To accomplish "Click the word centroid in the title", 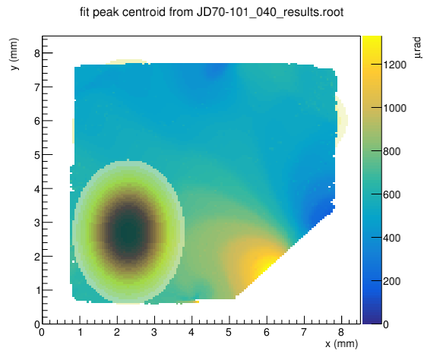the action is click(x=144, y=12).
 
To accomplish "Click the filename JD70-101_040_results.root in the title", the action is click(x=270, y=12).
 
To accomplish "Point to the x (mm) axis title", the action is click(x=341, y=344).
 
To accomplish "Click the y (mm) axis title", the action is click(x=14, y=54).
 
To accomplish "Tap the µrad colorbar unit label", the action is click(x=417, y=48).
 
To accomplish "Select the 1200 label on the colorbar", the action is click(x=394, y=65).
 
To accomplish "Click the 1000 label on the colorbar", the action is click(x=394, y=108).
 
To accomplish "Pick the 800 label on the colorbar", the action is click(x=391, y=151).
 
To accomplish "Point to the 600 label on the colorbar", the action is click(x=391, y=194).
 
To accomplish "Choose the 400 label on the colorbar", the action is click(x=391, y=238).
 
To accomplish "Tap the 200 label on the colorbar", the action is click(x=391, y=281).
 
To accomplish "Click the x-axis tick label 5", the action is click(x=229, y=332).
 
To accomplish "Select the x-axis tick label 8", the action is click(x=341, y=332).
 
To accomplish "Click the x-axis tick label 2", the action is click(x=116, y=332).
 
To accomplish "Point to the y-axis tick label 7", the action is click(x=36, y=87).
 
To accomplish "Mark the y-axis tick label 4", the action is click(x=36, y=189).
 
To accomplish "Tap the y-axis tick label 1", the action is click(x=37, y=291).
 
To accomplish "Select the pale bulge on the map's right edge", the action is click(x=341, y=119).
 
